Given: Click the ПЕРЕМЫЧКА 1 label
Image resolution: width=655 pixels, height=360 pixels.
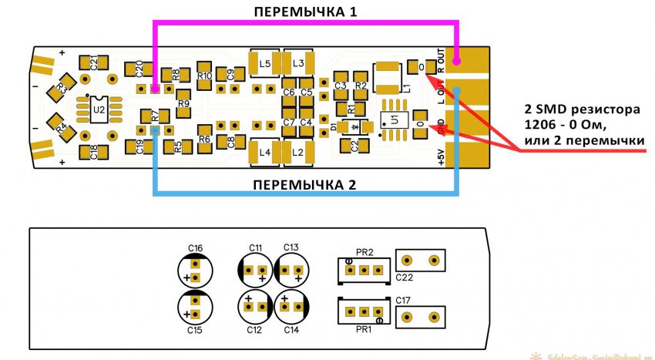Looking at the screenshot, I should click(x=306, y=12).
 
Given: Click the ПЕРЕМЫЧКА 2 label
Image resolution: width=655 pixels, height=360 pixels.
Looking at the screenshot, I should click(x=306, y=184).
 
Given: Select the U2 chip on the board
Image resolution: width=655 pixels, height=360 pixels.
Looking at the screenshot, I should click(x=99, y=110).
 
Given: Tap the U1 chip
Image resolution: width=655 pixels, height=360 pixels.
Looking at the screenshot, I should click(x=394, y=121).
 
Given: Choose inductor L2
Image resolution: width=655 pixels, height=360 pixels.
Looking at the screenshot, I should click(x=298, y=152).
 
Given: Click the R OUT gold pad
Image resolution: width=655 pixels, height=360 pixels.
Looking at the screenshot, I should click(x=468, y=58).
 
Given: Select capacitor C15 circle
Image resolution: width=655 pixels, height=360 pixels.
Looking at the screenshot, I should click(x=195, y=308).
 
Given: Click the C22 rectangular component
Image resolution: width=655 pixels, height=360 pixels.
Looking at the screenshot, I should click(x=420, y=260).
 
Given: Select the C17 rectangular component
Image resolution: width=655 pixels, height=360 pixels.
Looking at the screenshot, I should click(x=420, y=315).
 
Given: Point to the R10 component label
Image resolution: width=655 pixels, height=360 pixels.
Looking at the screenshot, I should click(x=204, y=76).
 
